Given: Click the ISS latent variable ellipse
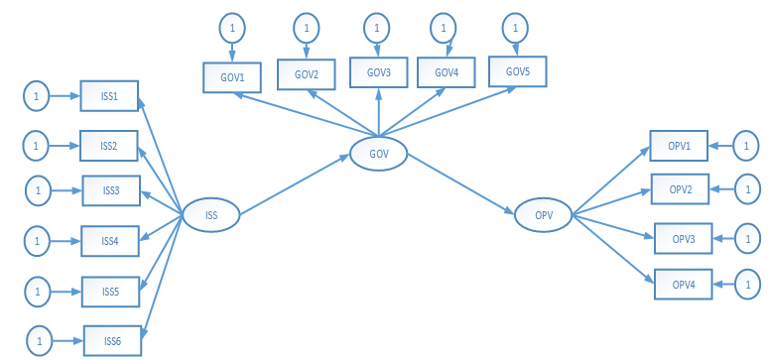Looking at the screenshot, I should (x=211, y=215).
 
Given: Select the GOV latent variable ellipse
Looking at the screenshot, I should (x=378, y=154).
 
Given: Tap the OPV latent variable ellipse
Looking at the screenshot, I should (x=542, y=214).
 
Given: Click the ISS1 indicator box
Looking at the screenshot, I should (x=109, y=97).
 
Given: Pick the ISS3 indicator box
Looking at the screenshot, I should (x=110, y=190).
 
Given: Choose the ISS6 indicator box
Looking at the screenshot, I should (x=113, y=340).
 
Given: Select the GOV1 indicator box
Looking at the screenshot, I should (x=231, y=77).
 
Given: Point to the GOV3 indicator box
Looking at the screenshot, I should (x=378, y=73).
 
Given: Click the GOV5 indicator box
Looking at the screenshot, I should (x=518, y=71).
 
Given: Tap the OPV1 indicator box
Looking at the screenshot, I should (x=679, y=146).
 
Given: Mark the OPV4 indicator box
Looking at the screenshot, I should (x=683, y=285).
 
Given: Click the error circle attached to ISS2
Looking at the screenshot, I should (x=36, y=147).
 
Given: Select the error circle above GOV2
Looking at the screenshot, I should (x=308, y=27).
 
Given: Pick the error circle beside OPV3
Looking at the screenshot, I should (x=745, y=239).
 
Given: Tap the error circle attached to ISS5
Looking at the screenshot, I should (x=37, y=293).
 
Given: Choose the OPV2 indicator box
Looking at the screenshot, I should (x=680, y=188).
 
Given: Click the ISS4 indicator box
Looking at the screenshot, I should (x=109, y=240).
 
